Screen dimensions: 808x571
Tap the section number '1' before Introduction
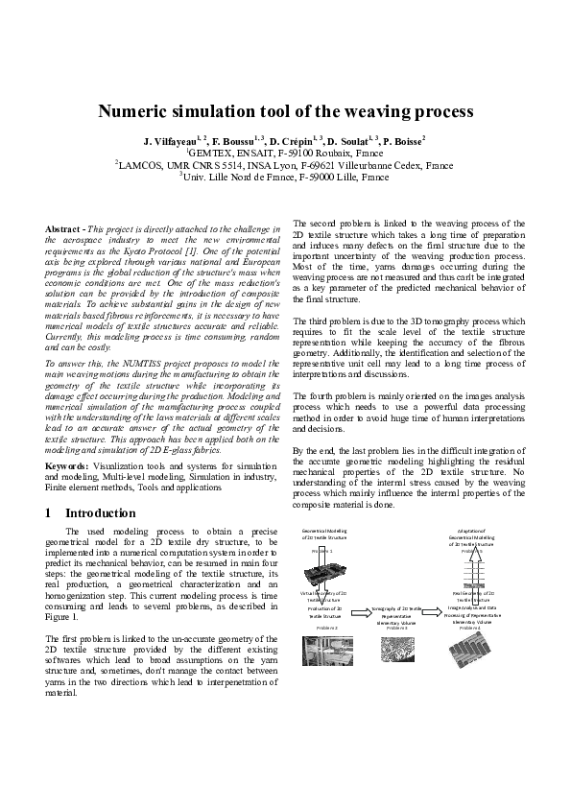(x=49, y=513)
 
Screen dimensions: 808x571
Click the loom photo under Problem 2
(x=324, y=647)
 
